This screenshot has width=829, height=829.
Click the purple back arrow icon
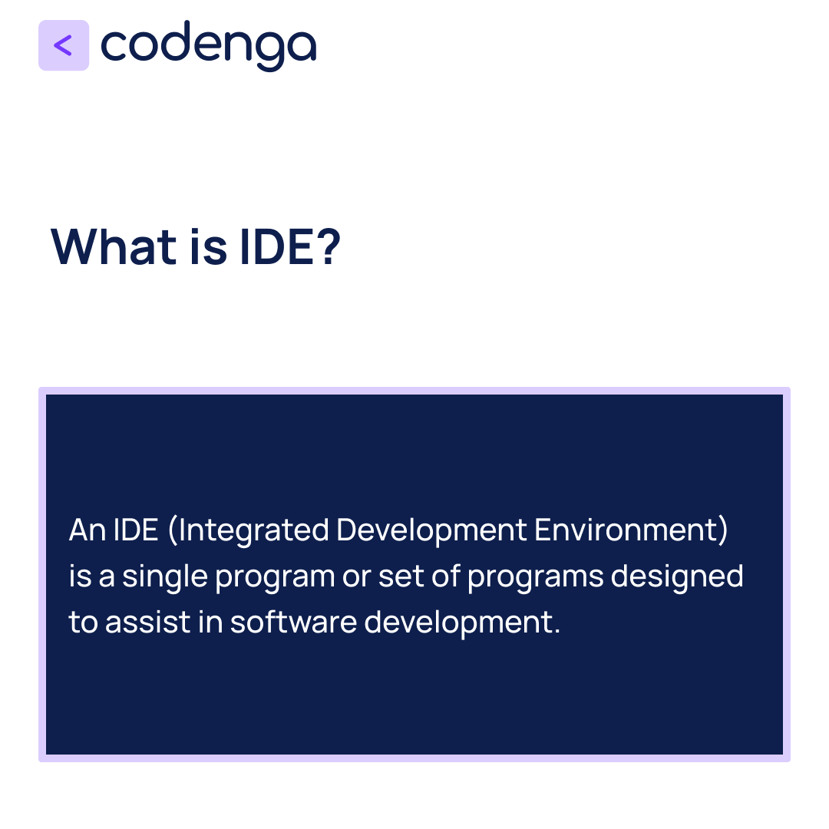[x=64, y=45]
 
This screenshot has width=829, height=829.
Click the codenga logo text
[x=208, y=46]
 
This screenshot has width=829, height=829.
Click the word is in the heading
[x=207, y=246]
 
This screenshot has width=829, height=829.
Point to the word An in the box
[x=87, y=530]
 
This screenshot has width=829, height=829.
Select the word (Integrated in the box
[x=249, y=530]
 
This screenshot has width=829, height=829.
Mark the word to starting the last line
[x=83, y=623]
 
